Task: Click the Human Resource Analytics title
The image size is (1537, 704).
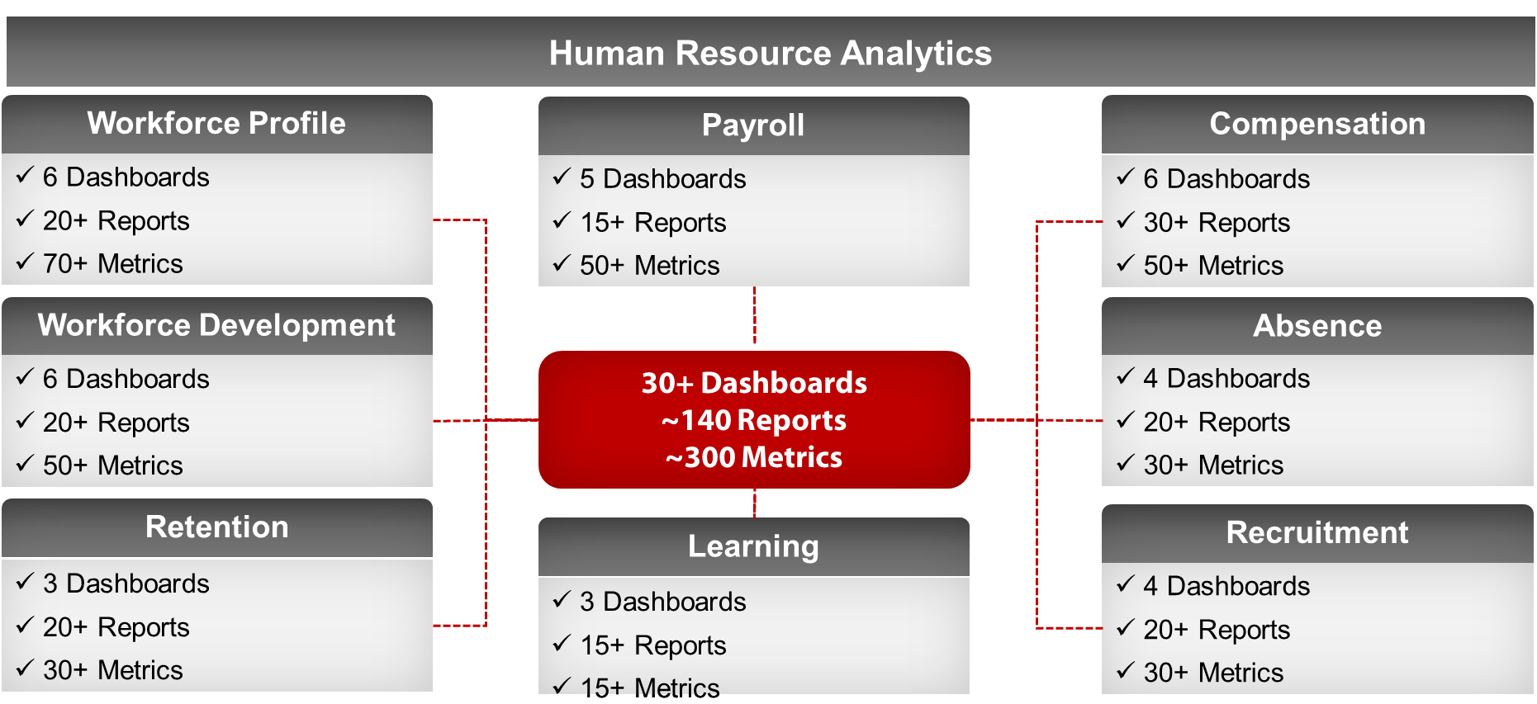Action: click(x=770, y=54)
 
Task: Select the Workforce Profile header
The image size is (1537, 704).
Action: click(x=216, y=124)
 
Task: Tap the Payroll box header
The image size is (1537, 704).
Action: click(x=753, y=125)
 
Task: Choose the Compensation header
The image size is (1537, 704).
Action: click(x=1317, y=124)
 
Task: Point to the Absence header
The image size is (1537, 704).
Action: click(x=1317, y=326)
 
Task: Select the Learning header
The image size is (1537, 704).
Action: click(x=753, y=546)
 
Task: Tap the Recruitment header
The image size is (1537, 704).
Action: click(x=1317, y=533)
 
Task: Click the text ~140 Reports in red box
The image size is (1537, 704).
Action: click(x=754, y=421)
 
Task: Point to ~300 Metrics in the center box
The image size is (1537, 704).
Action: click(x=754, y=457)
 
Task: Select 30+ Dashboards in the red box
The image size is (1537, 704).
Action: click(x=754, y=383)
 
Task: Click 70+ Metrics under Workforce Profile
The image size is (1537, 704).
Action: click(x=113, y=264)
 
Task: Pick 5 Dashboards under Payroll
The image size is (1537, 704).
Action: click(x=663, y=179)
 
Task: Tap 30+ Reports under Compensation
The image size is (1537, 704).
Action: click(x=1217, y=223)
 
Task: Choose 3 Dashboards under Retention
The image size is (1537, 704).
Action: click(x=126, y=584)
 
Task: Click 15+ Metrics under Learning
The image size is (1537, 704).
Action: click(x=650, y=687)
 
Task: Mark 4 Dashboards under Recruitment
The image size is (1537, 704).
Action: click(x=1226, y=586)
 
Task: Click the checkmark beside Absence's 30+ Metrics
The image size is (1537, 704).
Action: click(x=1126, y=463)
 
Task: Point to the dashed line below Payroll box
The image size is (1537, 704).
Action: click(x=754, y=315)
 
